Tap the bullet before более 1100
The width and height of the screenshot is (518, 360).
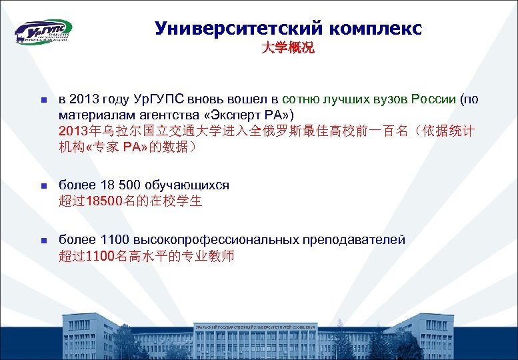(x=39, y=240)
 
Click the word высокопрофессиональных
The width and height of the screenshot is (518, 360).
(x=212, y=239)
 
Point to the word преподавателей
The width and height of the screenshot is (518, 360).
(x=353, y=239)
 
